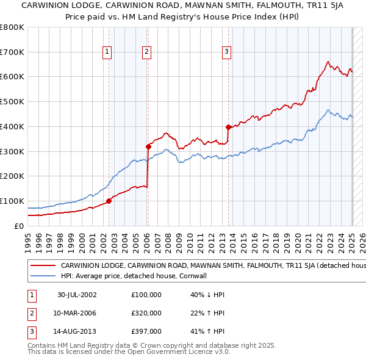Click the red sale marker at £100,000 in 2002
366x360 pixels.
pos(109,201)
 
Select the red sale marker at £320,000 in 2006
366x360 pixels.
pos(148,146)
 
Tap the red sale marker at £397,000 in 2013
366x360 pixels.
pos(228,127)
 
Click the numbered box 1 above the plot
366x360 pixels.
pos(107,52)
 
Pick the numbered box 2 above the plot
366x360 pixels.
pos(147,52)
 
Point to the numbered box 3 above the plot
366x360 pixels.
pos(226,52)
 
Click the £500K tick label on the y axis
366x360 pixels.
pos(12,102)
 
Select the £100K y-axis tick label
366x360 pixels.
pos(12,201)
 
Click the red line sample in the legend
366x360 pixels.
pos(42,266)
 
